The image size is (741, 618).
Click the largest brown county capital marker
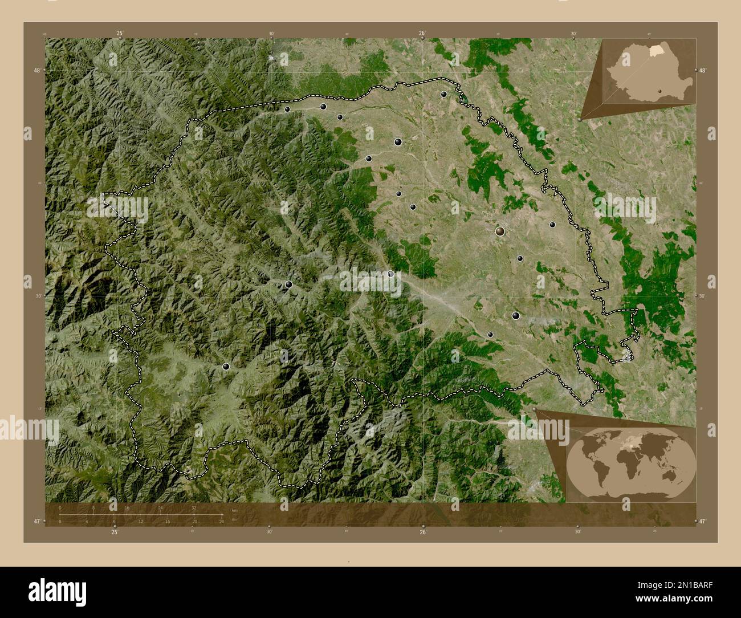point(500,231)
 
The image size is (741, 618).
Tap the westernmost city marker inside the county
point(226,367)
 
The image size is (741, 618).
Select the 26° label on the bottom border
point(423,532)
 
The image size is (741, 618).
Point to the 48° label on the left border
point(37,71)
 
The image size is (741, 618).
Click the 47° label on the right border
point(703,521)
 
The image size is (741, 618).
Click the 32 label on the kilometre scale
point(194,507)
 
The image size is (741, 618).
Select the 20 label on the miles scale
point(195,522)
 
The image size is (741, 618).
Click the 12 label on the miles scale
point(141,522)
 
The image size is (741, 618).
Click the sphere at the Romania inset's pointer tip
point(580,120)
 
